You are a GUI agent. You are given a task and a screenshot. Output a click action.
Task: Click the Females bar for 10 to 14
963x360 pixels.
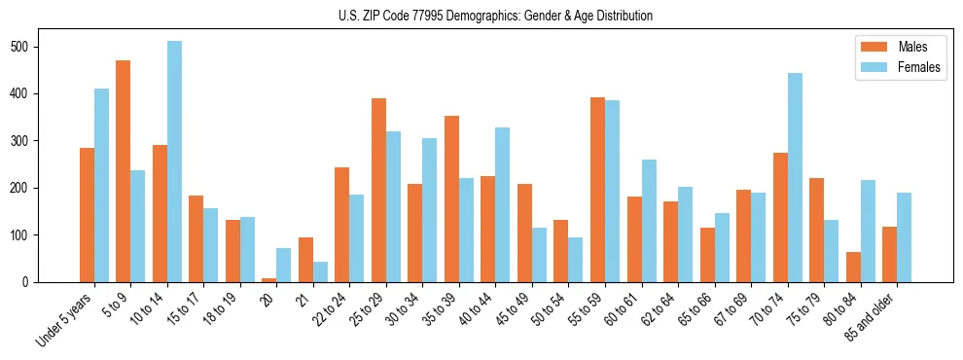point(174,162)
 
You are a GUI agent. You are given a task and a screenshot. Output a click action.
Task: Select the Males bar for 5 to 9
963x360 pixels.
point(124,171)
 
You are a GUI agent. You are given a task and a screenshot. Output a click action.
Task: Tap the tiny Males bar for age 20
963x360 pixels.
point(269,279)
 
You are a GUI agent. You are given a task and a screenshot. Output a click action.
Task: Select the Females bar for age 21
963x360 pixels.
point(320,271)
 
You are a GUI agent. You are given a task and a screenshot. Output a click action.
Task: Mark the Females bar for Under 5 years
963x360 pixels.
point(101,185)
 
